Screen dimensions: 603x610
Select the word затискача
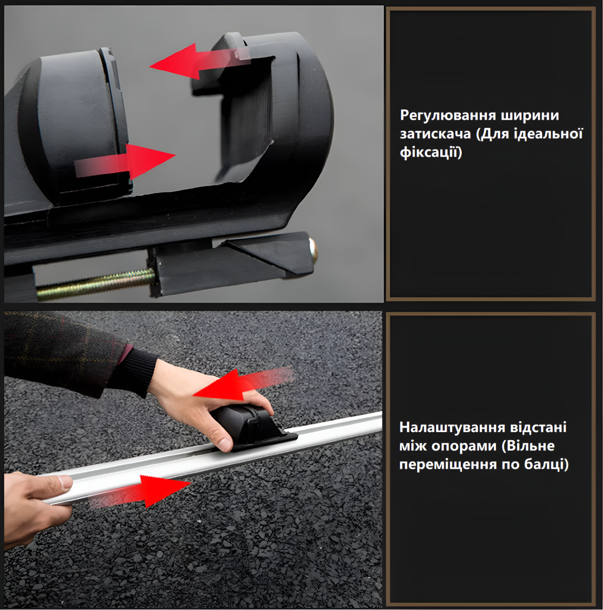435,134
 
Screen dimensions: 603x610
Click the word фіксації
430,152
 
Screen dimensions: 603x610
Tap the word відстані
538,427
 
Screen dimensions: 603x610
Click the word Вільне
531,446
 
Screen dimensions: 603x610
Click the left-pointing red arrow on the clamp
200,62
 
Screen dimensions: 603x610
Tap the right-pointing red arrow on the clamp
125,162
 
